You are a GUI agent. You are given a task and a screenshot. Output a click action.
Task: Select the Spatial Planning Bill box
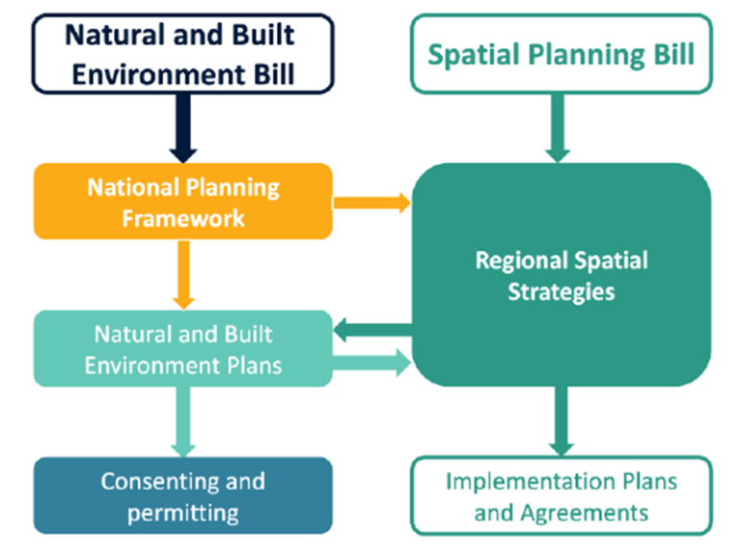click(x=561, y=54)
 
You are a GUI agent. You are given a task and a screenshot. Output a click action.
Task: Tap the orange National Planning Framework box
click(x=183, y=201)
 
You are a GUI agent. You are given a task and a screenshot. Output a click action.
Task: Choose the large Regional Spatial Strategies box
click(x=561, y=275)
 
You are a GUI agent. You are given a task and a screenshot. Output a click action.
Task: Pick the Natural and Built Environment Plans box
click(x=183, y=349)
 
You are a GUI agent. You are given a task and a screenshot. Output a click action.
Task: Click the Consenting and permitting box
click(x=183, y=495)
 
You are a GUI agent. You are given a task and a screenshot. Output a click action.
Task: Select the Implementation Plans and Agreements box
click(x=561, y=495)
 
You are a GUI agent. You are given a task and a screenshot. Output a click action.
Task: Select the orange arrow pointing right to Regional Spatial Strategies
click(x=371, y=202)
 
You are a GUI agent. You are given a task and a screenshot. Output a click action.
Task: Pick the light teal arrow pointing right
click(x=371, y=364)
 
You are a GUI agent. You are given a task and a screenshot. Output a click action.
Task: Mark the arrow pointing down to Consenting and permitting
click(x=183, y=421)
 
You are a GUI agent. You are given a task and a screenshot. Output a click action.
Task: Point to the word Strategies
click(x=561, y=291)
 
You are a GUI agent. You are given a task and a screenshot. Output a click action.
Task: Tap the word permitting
click(x=183, y=511)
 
